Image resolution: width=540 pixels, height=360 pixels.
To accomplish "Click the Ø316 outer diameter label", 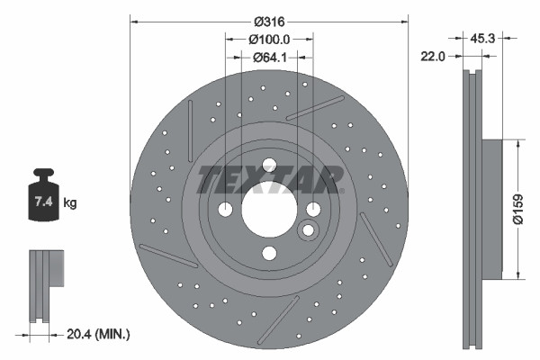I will [x=269, y=21].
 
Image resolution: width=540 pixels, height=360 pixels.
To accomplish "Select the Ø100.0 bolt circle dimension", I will [x=269, y=40].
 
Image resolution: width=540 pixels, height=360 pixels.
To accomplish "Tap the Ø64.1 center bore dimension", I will [x=269, y=58].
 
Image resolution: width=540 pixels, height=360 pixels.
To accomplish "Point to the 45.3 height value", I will [x=487, y=38].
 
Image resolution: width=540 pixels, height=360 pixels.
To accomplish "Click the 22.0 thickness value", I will [x=436, y=56].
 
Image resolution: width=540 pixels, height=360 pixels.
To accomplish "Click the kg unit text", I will [x=69, y=203].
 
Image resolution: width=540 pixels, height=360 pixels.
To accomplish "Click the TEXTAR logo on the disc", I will [x=269, y=179].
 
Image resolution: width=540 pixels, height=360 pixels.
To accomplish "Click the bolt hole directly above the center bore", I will [x=268, y=164].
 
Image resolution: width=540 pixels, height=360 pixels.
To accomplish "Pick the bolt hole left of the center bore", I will [x=224, y=209].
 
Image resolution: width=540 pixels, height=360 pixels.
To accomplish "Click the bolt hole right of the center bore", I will [x=313, y=209].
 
